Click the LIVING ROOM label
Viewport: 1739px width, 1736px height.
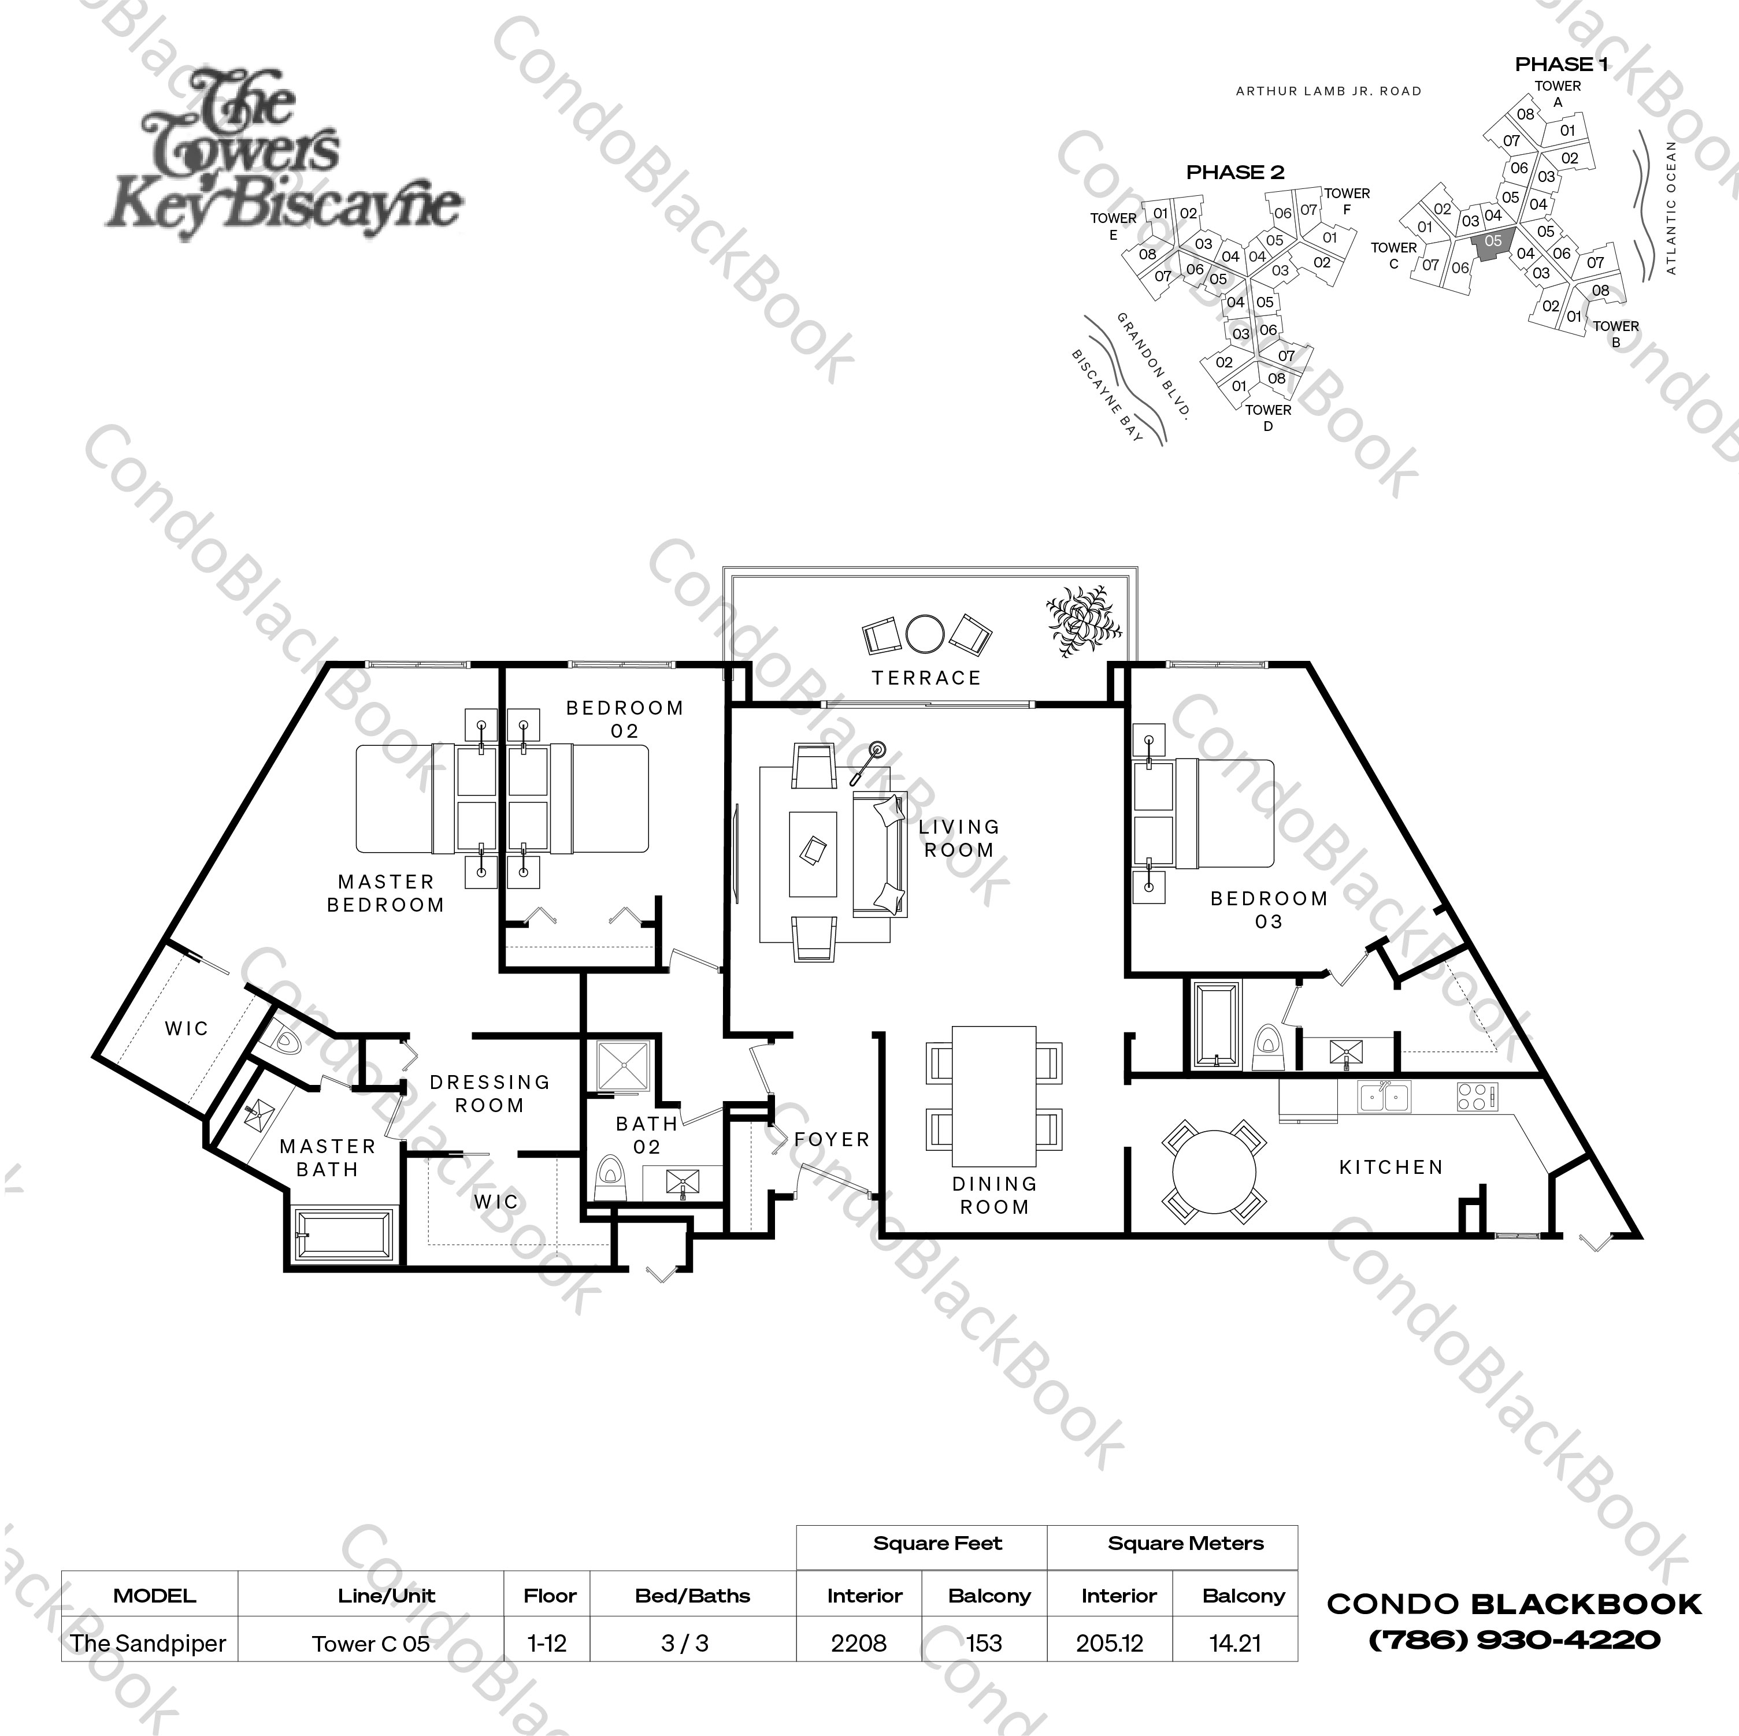(959, 838)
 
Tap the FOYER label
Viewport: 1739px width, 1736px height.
(832, 1139)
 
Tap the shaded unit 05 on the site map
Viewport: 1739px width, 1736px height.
(1492, 244)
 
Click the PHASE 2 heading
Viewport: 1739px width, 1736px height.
(1235, 172)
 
